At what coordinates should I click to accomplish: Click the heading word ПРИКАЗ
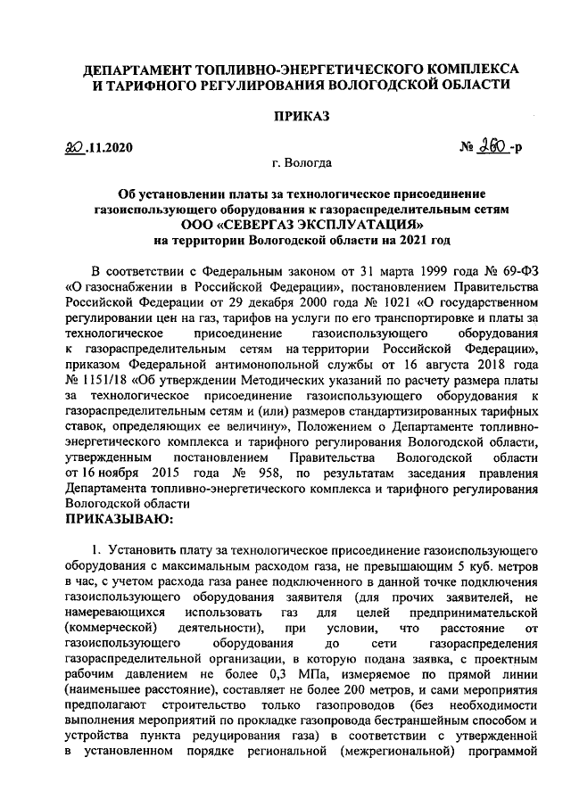click(x=301, y=116)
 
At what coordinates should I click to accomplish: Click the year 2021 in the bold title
click(x=407, y=240)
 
